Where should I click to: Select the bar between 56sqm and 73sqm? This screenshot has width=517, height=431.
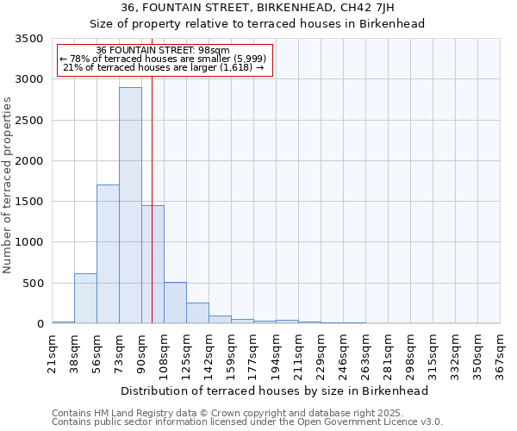point(108,254)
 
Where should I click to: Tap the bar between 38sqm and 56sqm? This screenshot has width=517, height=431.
point(85,298)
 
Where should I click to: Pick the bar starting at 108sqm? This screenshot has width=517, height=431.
point(175,303)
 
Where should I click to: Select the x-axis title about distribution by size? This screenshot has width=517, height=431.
point(275,390)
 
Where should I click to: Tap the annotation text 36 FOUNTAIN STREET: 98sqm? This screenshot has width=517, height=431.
point(163,51)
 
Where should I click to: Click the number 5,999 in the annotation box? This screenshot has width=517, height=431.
point(250,59)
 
